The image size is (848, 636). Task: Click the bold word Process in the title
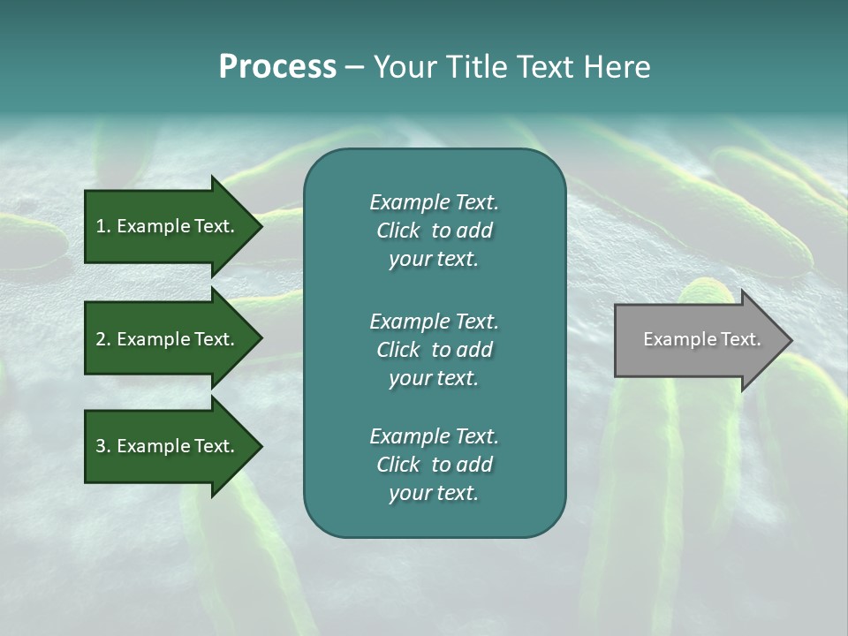click(x=277, y=67)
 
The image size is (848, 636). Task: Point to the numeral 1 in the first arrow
click(x=101, y=226)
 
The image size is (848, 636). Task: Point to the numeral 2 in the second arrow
click(x=101, y=339)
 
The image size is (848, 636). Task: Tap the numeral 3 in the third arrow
click(x=101, y=446)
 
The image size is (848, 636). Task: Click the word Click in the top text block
click(x=397, y=231)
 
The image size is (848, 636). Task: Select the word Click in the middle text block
click(x=397, y=350)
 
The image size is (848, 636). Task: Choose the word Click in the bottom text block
click(x=397, y=465)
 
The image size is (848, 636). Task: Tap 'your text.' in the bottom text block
click(x=434, y=494)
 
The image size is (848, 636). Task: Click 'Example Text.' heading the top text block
click(x=434, y=202)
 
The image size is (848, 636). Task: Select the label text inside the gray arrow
click(x=701, y=339)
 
